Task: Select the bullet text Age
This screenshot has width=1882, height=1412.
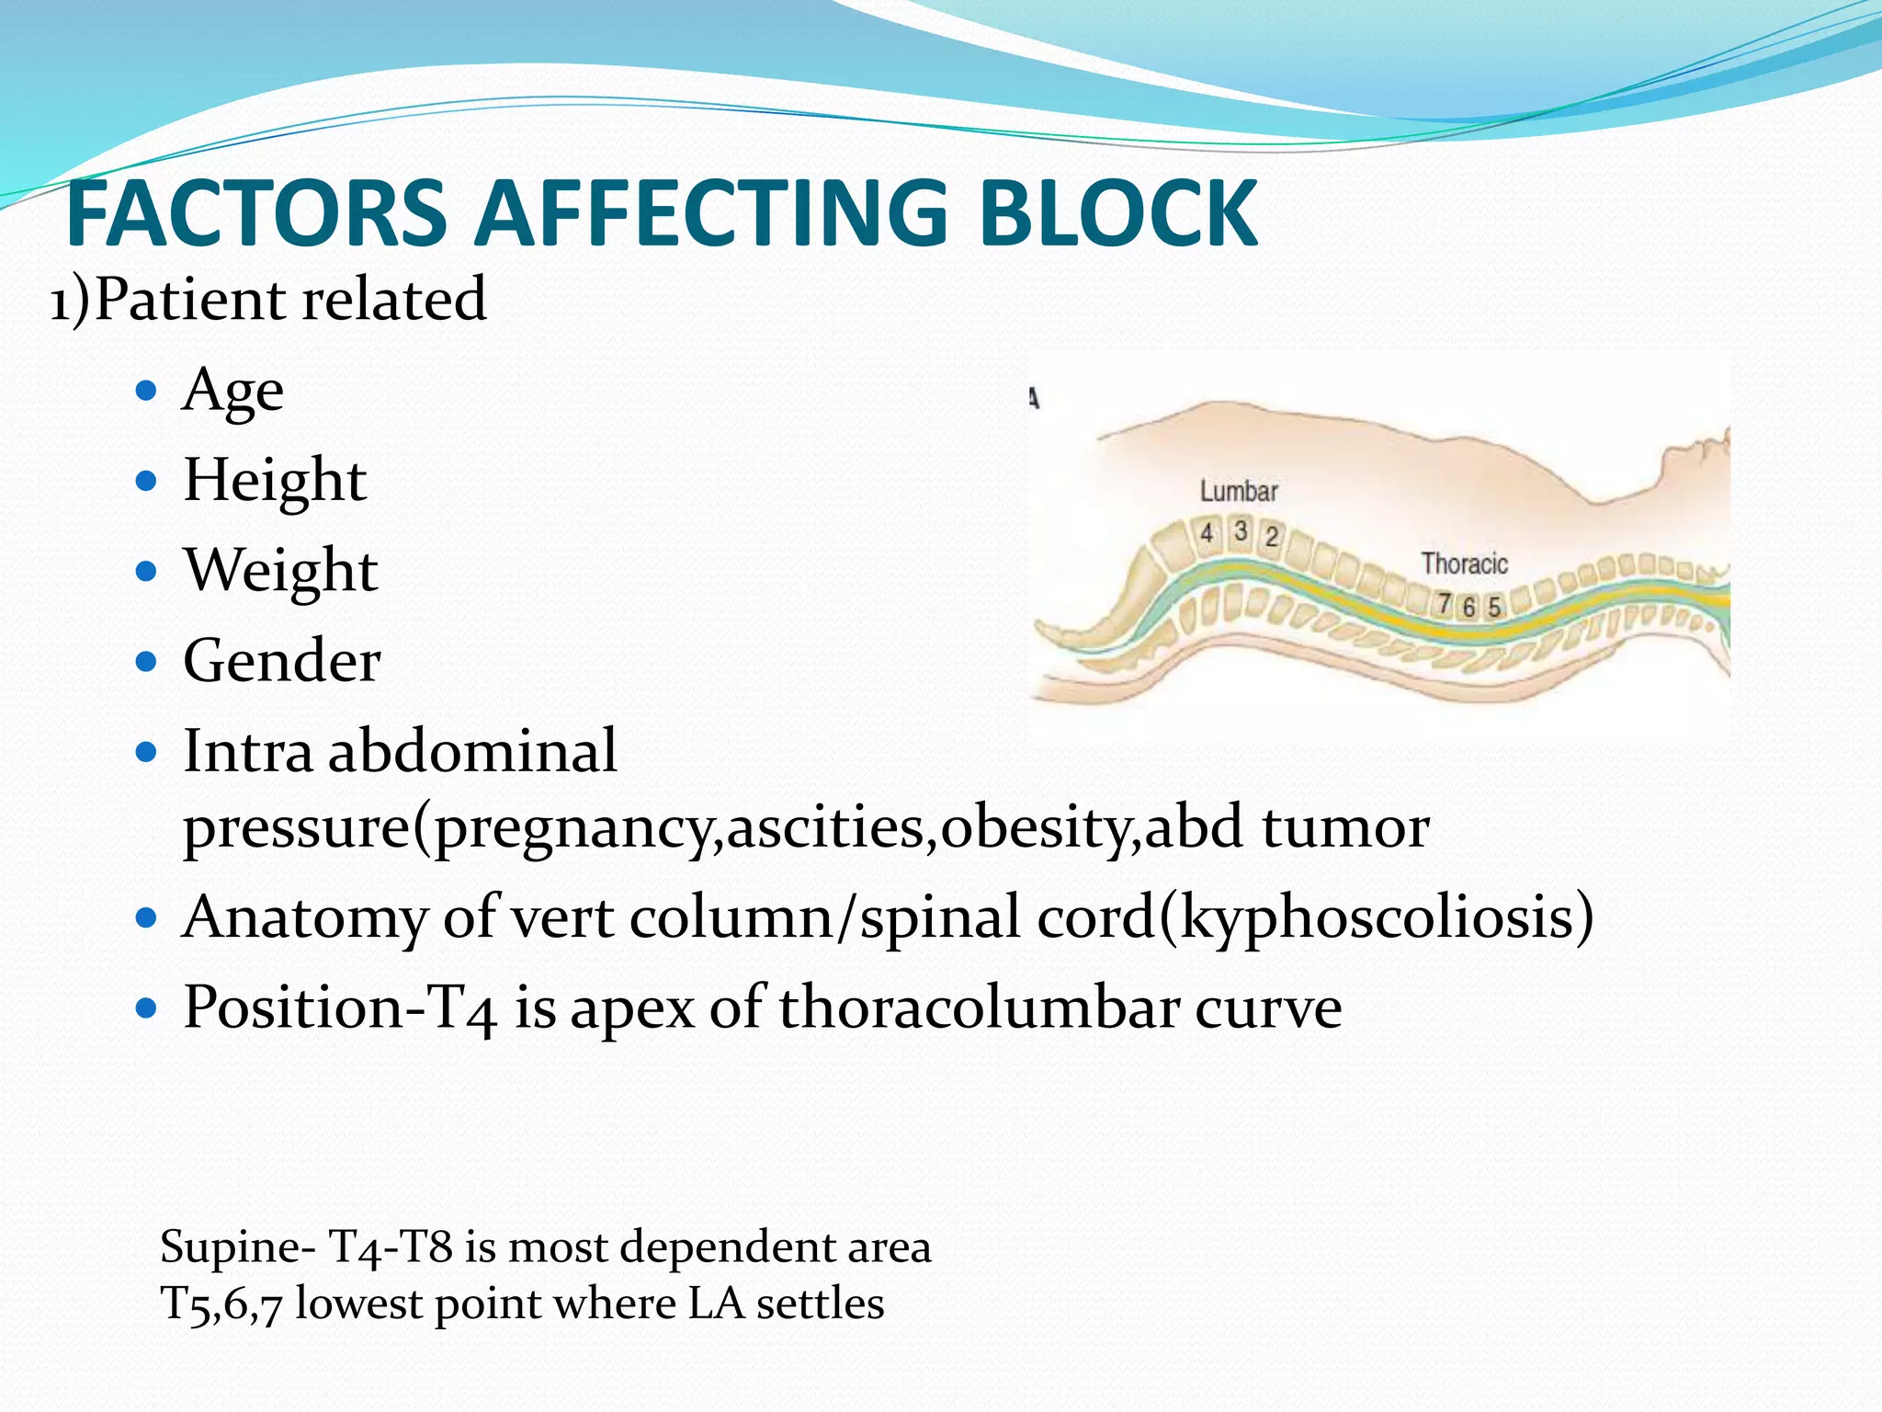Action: pyautogui.click(x=232, y=392)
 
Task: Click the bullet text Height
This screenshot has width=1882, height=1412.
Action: pyautogui.click(x=275, y=481)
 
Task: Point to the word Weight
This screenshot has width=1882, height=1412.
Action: pyautogui.click(x=280, y=571)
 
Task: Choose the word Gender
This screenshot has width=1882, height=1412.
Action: pyautogui.click(x=281, y=661)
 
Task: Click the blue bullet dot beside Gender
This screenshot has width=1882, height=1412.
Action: pyautogui.click(x=146, y=661)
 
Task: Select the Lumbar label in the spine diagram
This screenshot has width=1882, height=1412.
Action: pyautogui.click(x=1238, y=491)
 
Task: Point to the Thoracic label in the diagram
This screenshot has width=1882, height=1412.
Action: pyautogui.click(x=1464, y=563)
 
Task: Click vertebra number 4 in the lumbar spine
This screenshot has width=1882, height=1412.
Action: pyautogui.click(x=1207, y=532)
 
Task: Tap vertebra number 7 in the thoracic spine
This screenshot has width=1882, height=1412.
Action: pyautogui.click(x=1445, y=604)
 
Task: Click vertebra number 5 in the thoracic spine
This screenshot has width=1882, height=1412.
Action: pyautogui.click(x=1494, y=607)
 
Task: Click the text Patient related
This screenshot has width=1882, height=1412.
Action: pyautogui.click(x=289, y=300)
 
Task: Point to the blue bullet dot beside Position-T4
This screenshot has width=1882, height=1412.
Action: pyautogui.click(x=146, y=1008)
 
